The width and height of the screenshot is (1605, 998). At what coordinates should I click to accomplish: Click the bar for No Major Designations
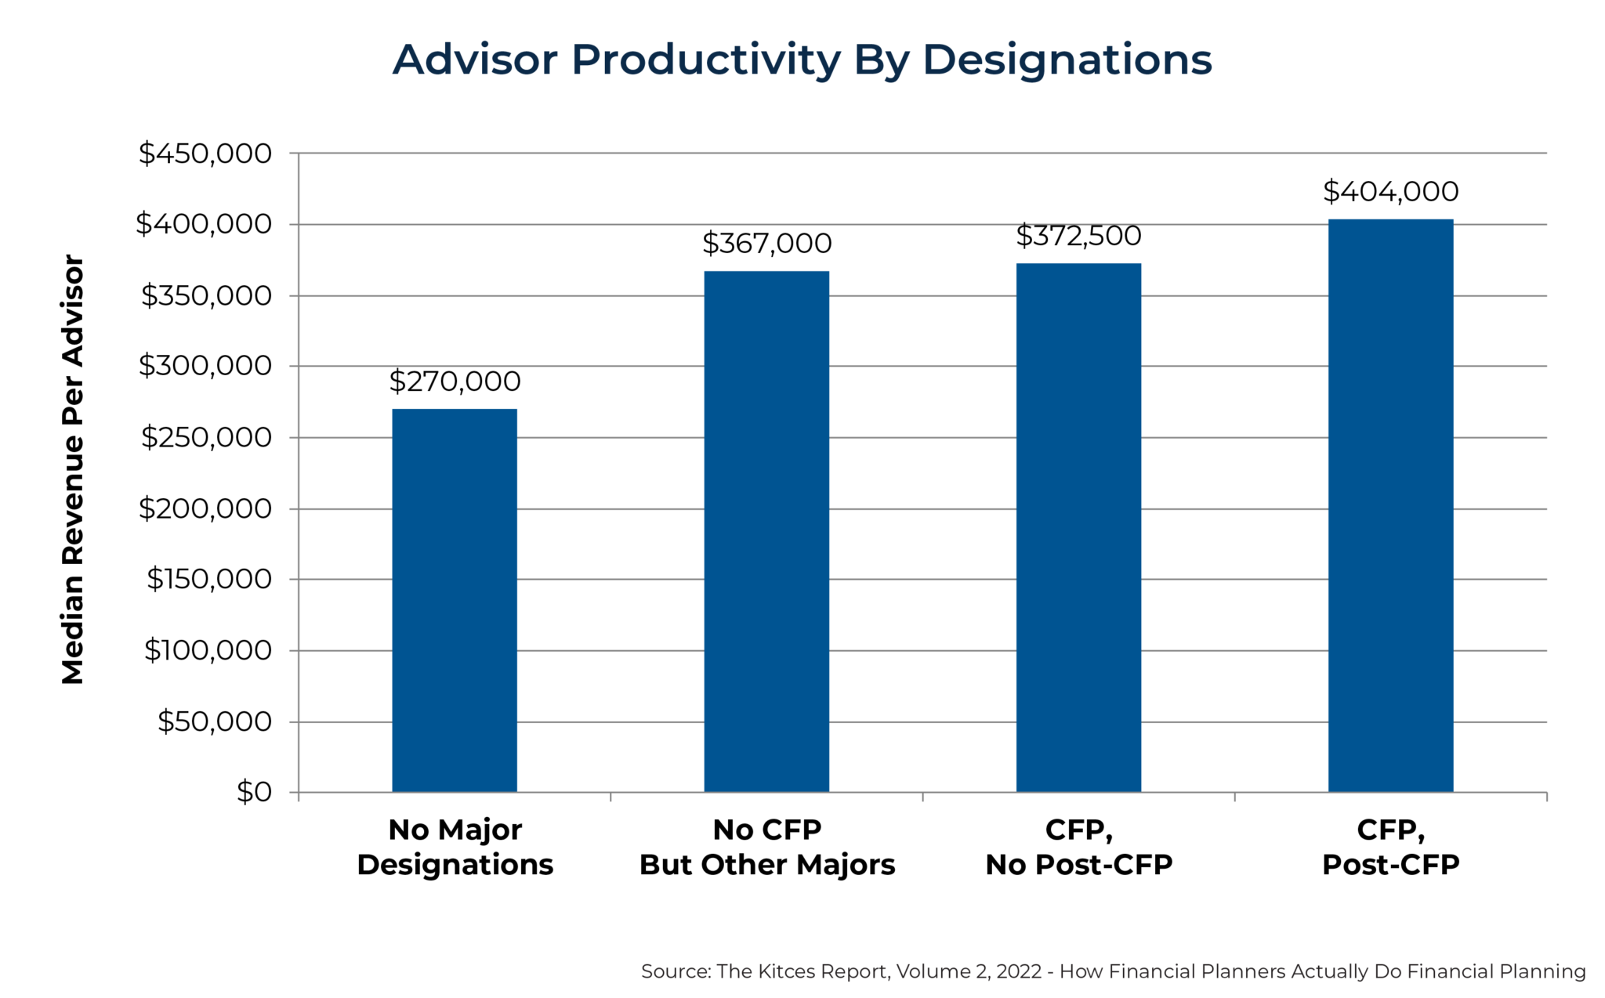coord(455,600)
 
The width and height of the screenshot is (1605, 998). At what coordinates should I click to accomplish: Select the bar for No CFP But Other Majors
coord(766,531)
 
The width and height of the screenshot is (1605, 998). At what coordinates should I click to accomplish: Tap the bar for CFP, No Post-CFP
coord(1078,527)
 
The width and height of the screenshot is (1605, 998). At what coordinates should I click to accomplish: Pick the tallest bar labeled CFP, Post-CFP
coord(1390,505)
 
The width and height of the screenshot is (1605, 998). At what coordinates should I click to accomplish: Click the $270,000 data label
coord(455,381)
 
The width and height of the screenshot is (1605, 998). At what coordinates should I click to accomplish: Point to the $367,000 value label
coord(766,244)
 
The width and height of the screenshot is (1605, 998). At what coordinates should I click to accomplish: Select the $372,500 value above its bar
coord(1078,236)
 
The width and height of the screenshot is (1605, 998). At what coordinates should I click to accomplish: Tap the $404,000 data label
coord(1390,191)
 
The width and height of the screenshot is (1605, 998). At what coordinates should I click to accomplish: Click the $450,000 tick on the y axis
coord(205,154)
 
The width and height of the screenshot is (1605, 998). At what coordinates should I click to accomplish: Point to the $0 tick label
coord(254,792)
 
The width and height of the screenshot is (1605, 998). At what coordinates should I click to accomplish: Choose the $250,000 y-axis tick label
coord(206,437)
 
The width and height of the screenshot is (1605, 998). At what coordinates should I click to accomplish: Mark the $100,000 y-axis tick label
coord(208,650)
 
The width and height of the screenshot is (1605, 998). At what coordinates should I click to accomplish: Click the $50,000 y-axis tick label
coord(214,721)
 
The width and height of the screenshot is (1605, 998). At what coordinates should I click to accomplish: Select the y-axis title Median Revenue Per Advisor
coord(72,470)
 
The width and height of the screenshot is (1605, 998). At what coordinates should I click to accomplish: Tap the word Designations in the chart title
coord(1067,60)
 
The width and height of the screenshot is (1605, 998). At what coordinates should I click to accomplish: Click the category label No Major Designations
coord(455,847)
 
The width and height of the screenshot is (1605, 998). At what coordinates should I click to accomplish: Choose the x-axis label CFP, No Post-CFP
coord(1078,847)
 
